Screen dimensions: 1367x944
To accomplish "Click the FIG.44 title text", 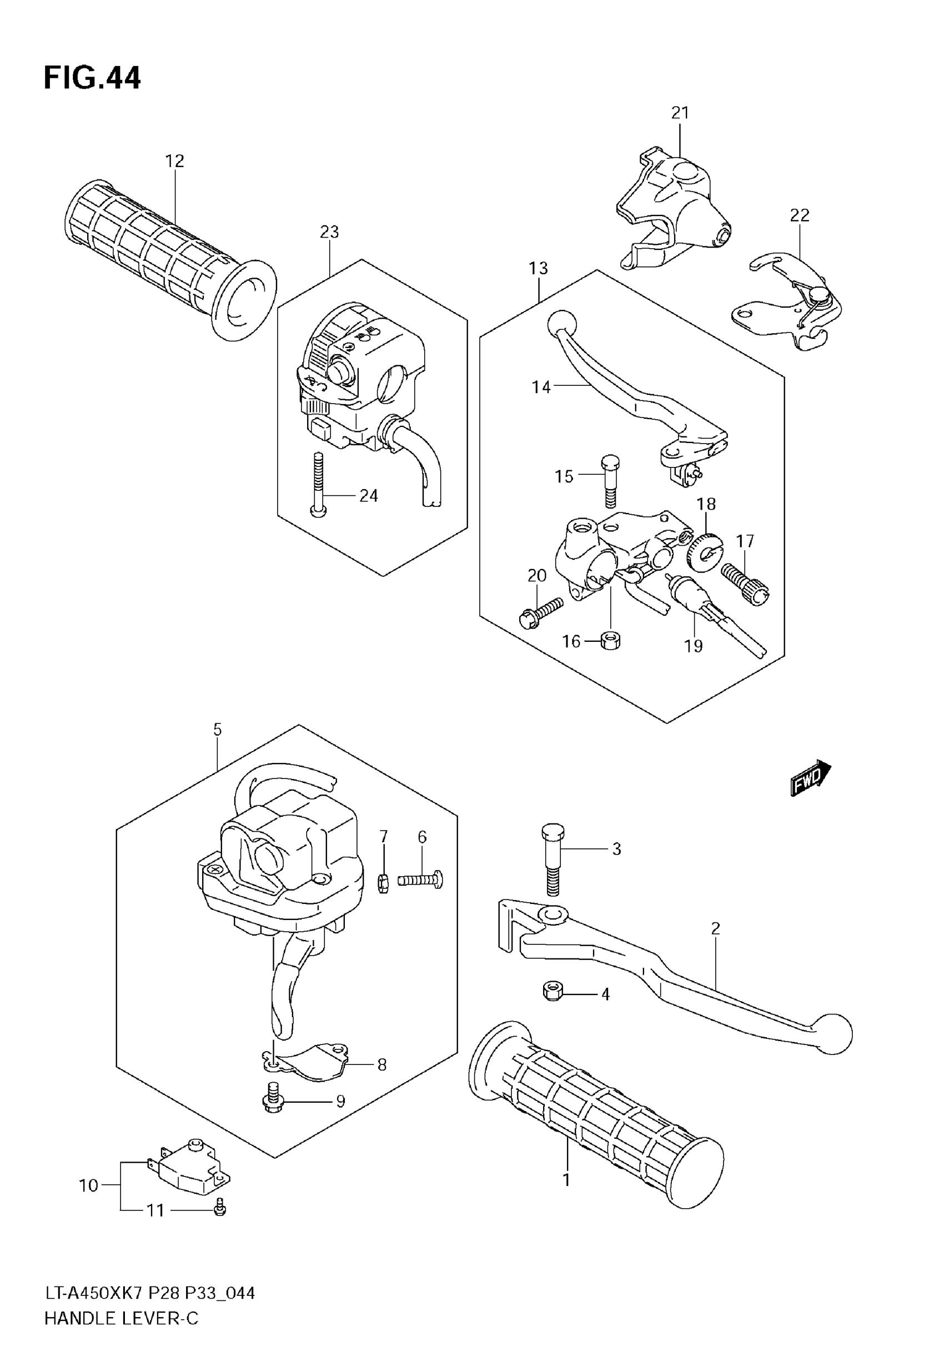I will click(92, 78).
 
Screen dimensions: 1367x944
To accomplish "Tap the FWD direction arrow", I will click(810, 777).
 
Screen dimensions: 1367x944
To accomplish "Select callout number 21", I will click(680, 112).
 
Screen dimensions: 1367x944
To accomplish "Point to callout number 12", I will click(174, 161).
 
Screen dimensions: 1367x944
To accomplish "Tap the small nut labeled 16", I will click(610, 641).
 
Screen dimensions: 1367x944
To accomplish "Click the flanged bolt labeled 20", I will click(538, 613).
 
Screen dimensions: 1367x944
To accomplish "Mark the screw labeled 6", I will click(421, 880).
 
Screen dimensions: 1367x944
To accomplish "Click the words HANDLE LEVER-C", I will click(121, 1319).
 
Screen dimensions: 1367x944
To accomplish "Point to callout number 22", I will click(799, 215).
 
